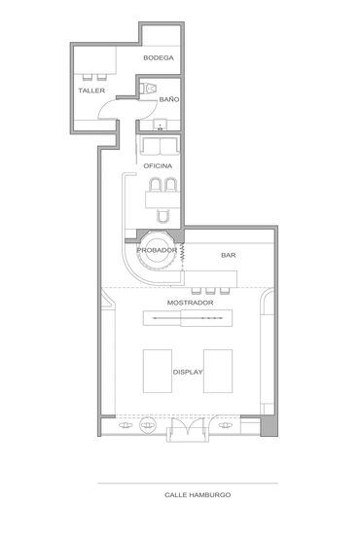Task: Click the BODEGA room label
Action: tap(159, 57)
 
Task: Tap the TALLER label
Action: tap(91, 90)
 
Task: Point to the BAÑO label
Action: tap(169, 99)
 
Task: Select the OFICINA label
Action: tap(158, 166)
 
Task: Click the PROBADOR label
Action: tap(157, 250)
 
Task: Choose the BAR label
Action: tap(229, 255)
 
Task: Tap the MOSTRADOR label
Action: tap(190, 303)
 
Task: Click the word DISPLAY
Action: tap(188, 372)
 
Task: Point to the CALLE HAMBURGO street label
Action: tap(198, 495)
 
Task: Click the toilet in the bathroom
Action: tap(148, 89)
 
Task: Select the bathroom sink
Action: tap(161, 125)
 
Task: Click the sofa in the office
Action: tap(160, 146)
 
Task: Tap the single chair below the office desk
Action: tap(163, 216)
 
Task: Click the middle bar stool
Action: tap(210, 291)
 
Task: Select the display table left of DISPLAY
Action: tap(158, 371)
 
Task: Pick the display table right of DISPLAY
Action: tap(218, 371)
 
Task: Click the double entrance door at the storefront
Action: tap(188, 429)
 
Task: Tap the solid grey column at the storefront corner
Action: tap(269, 425)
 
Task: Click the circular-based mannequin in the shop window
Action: tap(148, 425)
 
